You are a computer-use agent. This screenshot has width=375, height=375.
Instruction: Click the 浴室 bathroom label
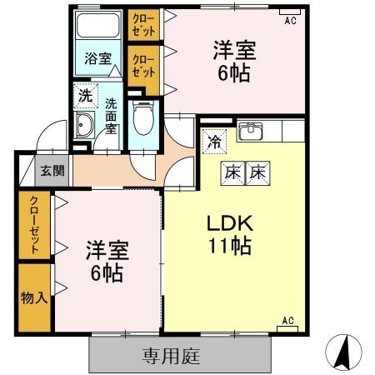point(97,58)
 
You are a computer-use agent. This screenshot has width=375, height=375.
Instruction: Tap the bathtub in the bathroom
point(97,27)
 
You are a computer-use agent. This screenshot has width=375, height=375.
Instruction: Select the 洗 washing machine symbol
point(85,96)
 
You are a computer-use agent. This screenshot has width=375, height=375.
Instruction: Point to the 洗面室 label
point(111,117)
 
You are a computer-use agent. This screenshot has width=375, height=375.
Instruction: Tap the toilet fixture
point(143,117)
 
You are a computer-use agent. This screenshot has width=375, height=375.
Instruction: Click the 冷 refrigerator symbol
point(214,141)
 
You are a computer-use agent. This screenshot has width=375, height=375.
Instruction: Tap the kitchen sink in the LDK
point(250,131)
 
